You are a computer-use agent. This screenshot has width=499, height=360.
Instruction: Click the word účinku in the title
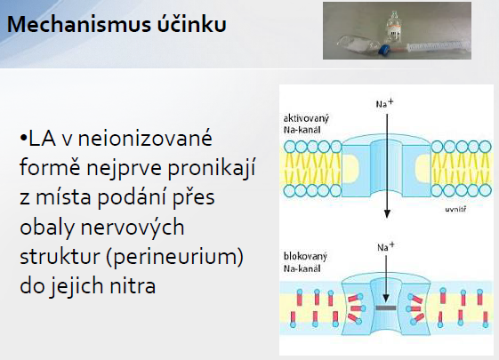pyautogui.click(x=191, y=23)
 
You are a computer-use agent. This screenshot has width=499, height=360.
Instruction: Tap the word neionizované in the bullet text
pyautogui.click(x=145, y=138)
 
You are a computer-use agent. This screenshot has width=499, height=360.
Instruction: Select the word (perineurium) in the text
pyautogui.click(x=174, y=258)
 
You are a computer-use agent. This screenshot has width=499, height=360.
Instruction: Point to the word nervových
pyautogui.click(x=133, y=227)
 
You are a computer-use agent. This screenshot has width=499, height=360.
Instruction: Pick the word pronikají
pyautogui.click(x=212, y=168)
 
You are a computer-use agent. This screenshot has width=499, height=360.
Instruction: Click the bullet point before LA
pyautogui.click(x=23, y=138)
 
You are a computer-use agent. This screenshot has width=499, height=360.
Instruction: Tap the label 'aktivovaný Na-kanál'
pyautogui.click(x=306, y=124)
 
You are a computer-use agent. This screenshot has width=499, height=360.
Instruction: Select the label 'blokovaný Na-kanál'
pyautogui.click(x=305, y=262)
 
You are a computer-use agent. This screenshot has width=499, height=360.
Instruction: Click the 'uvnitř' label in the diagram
pyautogui.click(x=455, y=209)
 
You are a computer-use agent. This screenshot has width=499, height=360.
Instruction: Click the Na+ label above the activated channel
pyautogui.click(x=385, y=103)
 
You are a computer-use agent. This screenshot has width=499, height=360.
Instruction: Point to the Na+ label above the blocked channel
pyautogui.click(x=386, y=246)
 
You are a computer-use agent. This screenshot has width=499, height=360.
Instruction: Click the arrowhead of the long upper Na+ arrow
pyautogui.click(x=387, y=213)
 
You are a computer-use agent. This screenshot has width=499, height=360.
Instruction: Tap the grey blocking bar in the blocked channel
pyautogui.click(x=386, y=308)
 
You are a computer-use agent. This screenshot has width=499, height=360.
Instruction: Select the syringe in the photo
pyautogui.click(x=429, y=48)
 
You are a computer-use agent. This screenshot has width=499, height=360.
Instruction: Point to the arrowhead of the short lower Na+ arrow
pyautogui.click(x=386, y=299)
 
